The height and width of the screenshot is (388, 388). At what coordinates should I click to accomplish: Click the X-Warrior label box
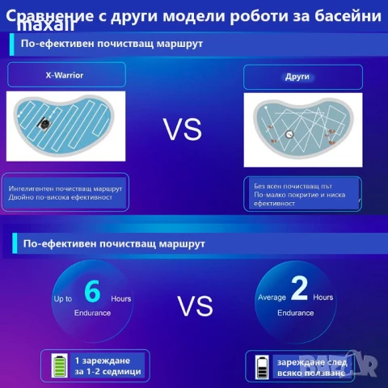[x=64, y=75]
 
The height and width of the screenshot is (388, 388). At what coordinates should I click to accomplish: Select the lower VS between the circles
[x=194, y=306]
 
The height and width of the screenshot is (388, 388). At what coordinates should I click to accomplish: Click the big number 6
[x=92, y=290]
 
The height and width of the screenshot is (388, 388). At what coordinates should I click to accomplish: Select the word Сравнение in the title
[x=56, y=15]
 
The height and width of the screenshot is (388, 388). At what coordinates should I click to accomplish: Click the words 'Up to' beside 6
[x=64, y=299]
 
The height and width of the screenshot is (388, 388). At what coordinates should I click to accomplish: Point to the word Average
[x=272, y=297]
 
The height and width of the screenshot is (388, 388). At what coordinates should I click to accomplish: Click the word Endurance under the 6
[x=92, y=312]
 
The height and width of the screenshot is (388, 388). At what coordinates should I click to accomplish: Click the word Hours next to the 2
[x=323, y=297]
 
